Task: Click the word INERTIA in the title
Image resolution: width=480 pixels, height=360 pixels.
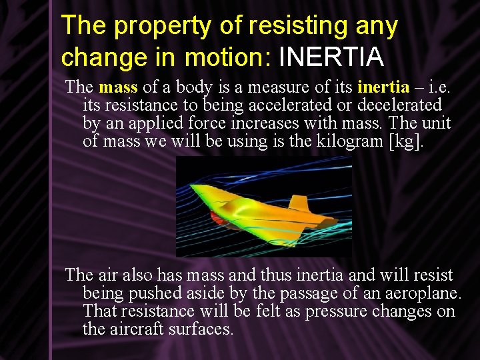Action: pyautogui.click(x=331, y=57)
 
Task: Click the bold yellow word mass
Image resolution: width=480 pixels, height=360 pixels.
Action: pyautogui.click(x=118, y=87)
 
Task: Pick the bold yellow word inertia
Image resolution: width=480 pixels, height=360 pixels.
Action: pyautogui.click(x=383, y=87)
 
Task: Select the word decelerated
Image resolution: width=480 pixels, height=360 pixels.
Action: pyautogui.click(x=399, y=105)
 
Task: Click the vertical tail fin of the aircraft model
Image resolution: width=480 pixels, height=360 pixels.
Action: pyautogui.click(x=298, y=203)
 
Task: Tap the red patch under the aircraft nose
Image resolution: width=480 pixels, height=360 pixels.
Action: pyautogui.click(x=218, y=217)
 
